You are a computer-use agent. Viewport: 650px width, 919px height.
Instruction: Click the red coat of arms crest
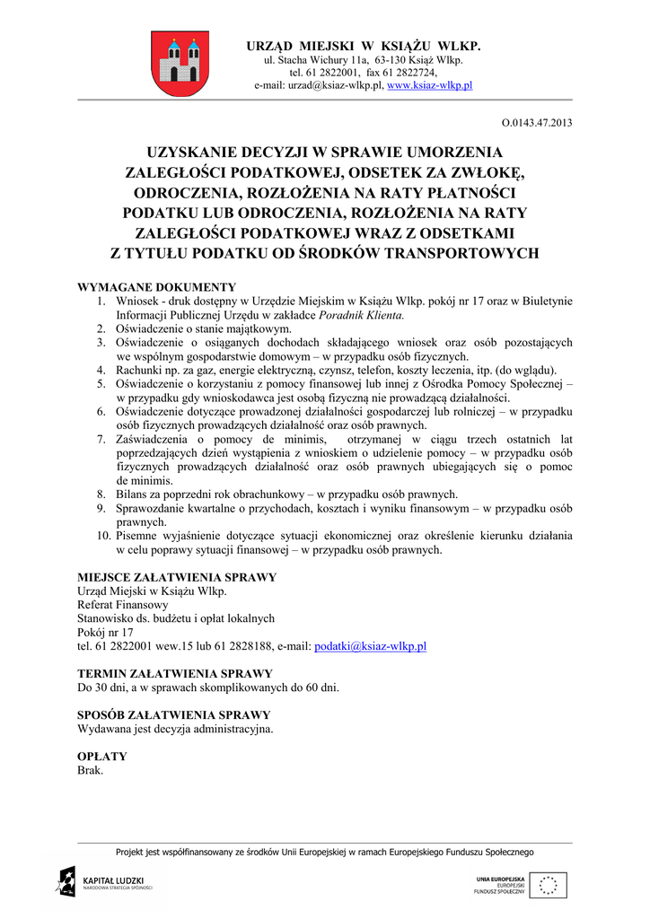tap(180, 63)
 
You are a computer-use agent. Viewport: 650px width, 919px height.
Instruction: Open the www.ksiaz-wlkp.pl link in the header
tap(429, 85)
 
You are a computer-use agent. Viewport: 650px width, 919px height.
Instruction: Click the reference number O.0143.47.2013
tap(536, 122)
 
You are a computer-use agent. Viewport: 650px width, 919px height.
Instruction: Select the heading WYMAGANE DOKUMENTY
tap(157, 287)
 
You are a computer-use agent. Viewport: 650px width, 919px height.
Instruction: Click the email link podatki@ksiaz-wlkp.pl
tap(370, 646)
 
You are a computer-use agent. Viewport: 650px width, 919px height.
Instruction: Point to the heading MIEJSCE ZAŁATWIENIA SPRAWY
tap(177, 577)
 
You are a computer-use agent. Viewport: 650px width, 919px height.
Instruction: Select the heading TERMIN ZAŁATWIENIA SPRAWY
tap(175, 673)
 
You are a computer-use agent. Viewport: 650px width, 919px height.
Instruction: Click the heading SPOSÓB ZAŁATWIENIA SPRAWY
tap(174, 715)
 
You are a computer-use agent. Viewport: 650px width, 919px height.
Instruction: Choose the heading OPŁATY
tap(102, 757)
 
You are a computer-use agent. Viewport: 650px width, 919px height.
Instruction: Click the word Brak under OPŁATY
tap(91, 770)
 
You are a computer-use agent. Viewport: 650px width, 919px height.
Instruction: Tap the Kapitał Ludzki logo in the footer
tap(104, 882)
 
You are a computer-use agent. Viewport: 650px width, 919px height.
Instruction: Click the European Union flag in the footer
tap(547, 885)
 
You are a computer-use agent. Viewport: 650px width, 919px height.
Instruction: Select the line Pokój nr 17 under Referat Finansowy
tap(105, 632)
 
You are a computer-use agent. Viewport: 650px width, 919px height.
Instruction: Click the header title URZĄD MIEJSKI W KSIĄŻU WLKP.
tap(364, 45)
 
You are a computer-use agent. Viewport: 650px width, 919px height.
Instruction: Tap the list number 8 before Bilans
tap(102, 495)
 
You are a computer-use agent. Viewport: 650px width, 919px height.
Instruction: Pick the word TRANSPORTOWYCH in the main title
tap(461, 253)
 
